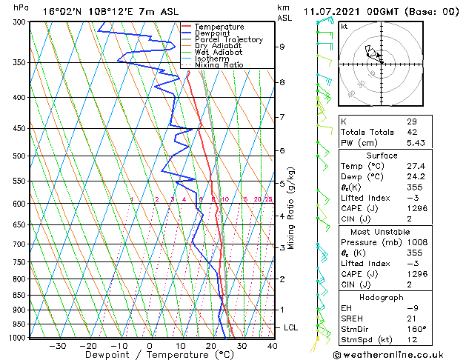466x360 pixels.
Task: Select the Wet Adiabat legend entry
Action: pyautogui.click(x=213, y=52)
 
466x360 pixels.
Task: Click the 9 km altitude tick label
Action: pyautogui.click(x=282, y=47)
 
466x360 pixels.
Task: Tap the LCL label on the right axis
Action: pyautogui.click(x=291, y=327)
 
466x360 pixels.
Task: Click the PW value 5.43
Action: pyautogui.click(x=414, y=142)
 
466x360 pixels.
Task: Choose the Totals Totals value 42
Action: pyautogui.click(x=412, y=132)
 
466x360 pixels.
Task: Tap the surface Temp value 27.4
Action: pyautogui.click(x=415, y=167)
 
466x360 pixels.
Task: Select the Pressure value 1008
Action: pyautogui.click(x=416, y=242)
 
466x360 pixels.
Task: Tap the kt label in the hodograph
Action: pyautogui.click(x=344, y=26)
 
